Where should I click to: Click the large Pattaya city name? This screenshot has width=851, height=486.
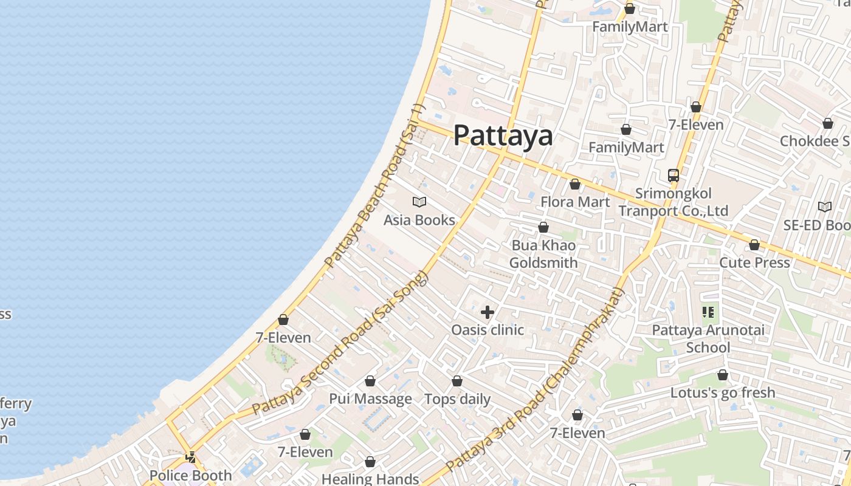pos(503,135)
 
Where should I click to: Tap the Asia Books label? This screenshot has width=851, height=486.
pos(419,220)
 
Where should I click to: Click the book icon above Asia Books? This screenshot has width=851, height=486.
pos(419,202)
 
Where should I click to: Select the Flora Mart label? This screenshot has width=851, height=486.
pos(575,201)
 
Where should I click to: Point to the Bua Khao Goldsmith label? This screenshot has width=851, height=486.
pos(543,254)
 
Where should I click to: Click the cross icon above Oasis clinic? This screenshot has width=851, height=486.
pos(488,312)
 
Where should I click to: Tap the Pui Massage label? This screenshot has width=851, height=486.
pos(370,399)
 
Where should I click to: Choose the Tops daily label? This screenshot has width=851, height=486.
pos(457,399)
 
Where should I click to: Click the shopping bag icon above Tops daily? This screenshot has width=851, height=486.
pos(457,381)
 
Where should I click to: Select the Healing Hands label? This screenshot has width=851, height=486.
pos(370,479)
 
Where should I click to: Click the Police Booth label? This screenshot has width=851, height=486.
pos(190,475)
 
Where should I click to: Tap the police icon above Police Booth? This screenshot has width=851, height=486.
pos(191,457)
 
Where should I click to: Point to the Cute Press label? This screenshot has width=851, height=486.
pos(754,262)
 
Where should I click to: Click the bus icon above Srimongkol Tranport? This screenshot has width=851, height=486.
pos(674,176)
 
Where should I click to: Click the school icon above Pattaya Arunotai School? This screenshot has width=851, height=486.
pos(708,312)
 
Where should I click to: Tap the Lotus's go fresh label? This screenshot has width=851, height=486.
pos(723,392)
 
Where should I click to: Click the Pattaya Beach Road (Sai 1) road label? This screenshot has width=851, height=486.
pos(374,185)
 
